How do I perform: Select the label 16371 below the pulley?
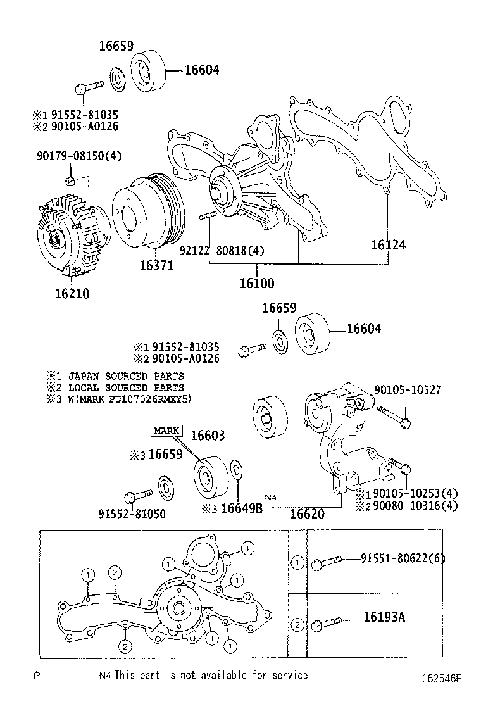click(156, 265)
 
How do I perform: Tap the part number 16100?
click(256, 283)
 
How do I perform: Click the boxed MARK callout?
click(166, 431)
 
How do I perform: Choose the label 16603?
click(208, 436)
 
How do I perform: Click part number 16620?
click(307, 513)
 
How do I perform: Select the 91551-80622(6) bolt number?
click(403, 558)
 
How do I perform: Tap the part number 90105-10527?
click(407, 390)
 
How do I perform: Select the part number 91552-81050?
click(132, 513)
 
